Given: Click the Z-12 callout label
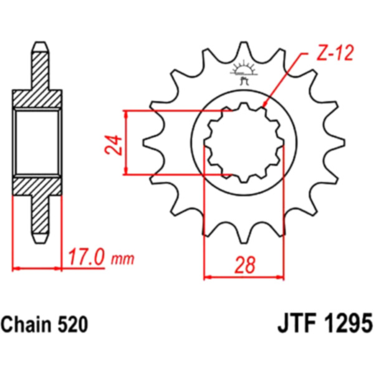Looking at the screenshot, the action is tap(335, 53).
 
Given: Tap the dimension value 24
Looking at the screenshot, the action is tap(113, 145).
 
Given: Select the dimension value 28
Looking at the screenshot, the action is tap(245, 265).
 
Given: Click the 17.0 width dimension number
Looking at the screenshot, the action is tap(86, 257).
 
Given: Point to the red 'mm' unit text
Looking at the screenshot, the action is tap(123, 259).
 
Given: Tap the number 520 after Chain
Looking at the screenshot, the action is tap(72, 325).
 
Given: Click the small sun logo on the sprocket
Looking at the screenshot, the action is tap(244, 72).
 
